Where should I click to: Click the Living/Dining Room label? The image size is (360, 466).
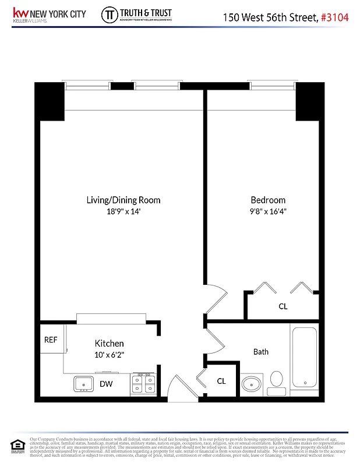(x=123, y=200)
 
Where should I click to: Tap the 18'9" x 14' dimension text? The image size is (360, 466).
(x=123, y=211)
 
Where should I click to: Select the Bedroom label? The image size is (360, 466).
(x=268, y=200)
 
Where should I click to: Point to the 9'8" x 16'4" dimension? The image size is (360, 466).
(x=268, y=211)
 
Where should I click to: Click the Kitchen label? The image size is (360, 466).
(x=109, y=344)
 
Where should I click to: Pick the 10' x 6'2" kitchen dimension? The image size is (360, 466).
(x=109, y=354)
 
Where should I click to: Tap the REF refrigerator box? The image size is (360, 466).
(x=51, y=340)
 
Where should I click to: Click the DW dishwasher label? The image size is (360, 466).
(x=106, y=384)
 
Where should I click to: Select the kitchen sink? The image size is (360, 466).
(x=83, y=384)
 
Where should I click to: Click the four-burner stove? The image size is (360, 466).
(x=143, y=384)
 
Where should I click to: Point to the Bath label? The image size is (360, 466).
(x=260, y=352)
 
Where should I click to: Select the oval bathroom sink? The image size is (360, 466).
(x=251, y=384)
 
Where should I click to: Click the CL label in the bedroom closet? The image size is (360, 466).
(x=283, y=306)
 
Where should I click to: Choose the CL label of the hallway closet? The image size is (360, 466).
(x=221, y=381)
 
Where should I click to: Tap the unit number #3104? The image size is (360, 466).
(x=335, y=17)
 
